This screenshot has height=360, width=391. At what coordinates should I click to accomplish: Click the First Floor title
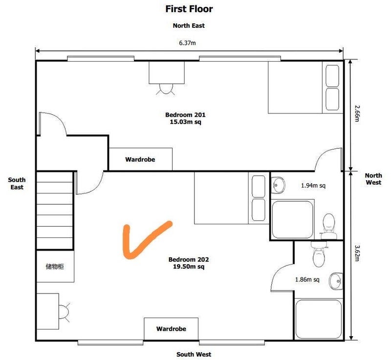[x=189, y=9]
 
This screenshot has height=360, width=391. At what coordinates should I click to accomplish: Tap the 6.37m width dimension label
[x=187, y=43]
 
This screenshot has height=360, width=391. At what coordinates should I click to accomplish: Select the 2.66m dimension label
[x=357, y=113]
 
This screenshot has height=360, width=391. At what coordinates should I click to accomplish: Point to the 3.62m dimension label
[x=357, y=254]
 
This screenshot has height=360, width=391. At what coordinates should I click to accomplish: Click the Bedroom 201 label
[x=185, y=118]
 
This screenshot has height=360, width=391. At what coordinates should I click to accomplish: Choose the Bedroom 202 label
[x=189, y=263]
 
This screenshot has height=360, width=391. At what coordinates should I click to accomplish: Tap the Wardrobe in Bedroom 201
[x=140, y=159]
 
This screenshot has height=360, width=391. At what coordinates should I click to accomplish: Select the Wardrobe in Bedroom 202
[x=171, y=329]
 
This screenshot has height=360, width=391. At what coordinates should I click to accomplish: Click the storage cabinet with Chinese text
[x=55, y=266]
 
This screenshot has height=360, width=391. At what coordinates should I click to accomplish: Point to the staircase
[x=55, y=210]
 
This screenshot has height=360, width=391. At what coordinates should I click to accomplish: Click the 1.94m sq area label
[x=313, y=185]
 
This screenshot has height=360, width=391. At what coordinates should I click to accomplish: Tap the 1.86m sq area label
[x=307, y=279]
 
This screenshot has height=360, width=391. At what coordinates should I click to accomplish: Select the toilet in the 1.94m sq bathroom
[x=328, y=226]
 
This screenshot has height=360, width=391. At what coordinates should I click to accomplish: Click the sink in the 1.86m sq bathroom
[x=336, y=281]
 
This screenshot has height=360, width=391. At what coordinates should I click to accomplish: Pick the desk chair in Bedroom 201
[x=166, y=89]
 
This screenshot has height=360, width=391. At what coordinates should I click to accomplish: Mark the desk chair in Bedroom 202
[x=64, y=312]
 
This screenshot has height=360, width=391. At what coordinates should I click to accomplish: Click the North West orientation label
[x=373, y=179]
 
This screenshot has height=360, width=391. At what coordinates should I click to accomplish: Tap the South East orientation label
[x=17, y=183]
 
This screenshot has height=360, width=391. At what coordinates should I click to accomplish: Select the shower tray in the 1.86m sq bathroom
[x=319, y=319]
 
